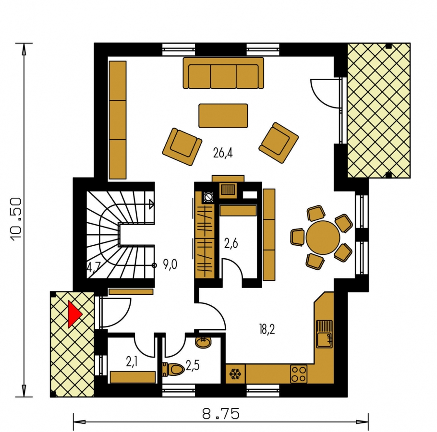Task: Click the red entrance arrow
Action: click(x=74, y=314)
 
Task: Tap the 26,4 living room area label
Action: click(x=223, y=153)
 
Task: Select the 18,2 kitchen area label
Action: click(x=267, y=329)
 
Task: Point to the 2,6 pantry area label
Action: click(x=231, y=244)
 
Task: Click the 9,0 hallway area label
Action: click(x=170, y=264)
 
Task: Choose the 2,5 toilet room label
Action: click(x=193, y=366)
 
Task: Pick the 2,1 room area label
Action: click(x=132, y=362)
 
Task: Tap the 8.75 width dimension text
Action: click(x=220, y=414)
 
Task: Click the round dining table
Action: click(x=323, y=238)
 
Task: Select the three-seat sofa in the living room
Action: click(x=223, y=73)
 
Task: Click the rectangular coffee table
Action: click(x=223, y=116)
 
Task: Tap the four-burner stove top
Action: click(x=299, y=374)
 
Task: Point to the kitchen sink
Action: click(x=325, y=334)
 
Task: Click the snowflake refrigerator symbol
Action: click(x=235, y=374)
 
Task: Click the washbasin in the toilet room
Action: click(x=203, y=342)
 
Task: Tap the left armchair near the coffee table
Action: click(x=182, y=147)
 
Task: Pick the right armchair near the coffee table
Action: click(x=279, y=143)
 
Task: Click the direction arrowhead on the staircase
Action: click(x=151, y=204)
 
